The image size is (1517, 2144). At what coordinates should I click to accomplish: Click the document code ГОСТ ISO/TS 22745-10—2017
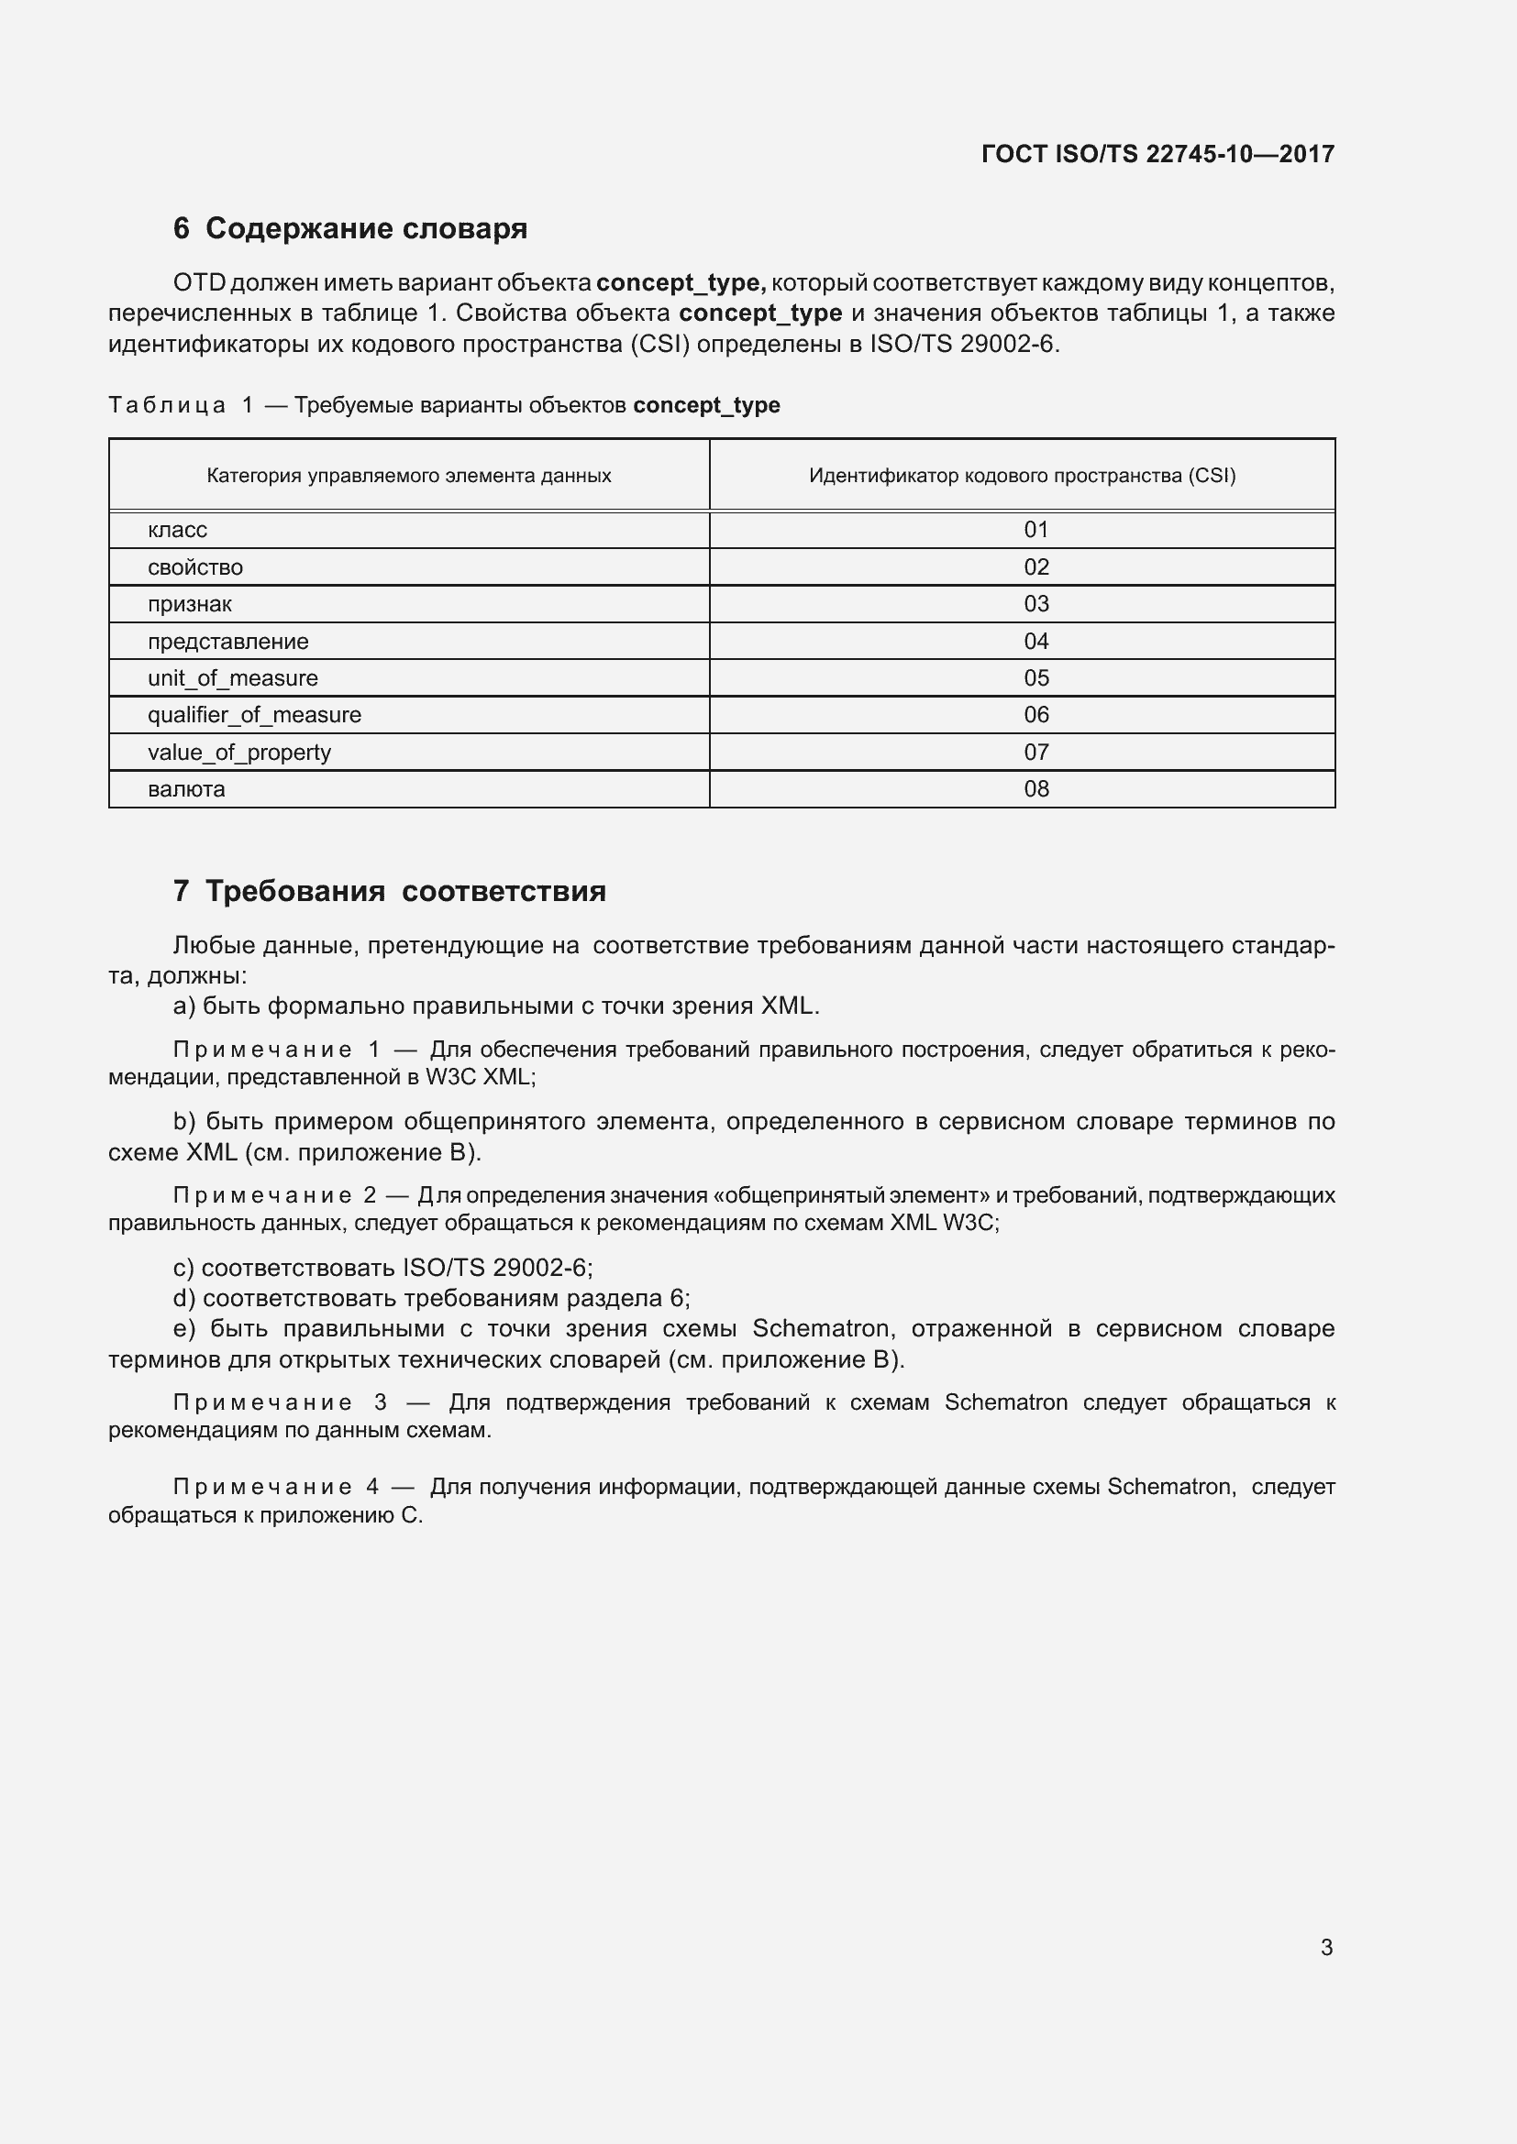(x=1157, y=154)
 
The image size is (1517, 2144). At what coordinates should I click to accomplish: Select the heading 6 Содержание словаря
(x=350, y=228)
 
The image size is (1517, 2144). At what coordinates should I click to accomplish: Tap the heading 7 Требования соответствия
(x=390, y=891)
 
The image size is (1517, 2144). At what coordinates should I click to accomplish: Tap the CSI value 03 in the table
(x=1035, y=603)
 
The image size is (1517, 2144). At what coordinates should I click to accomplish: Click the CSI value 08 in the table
(x=1035, y=789)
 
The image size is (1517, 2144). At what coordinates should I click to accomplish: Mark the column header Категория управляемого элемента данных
(x=408, y=476)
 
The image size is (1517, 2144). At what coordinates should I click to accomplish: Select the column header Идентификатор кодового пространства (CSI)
(x=1022, y=476)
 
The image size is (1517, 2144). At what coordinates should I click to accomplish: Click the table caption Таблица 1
(x=181, y=405)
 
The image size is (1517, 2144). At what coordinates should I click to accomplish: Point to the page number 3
(x=1326, y=1947)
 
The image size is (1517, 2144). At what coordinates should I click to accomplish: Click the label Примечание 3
(x=280, y=1402)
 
